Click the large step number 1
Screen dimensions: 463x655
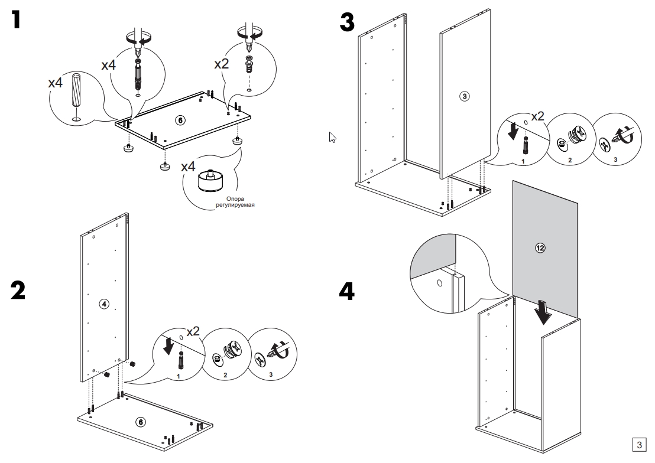pos(20,21)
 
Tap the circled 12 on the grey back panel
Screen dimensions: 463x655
pos(539,248)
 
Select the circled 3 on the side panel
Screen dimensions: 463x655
pos(465,96)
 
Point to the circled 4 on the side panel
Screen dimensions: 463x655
pos(103,304)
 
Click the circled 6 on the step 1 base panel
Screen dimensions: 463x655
pos(181,120)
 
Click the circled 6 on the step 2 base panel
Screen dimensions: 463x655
pos(140,421)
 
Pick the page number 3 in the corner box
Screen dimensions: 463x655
pos(639,444)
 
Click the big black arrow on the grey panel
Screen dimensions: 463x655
pos(543,311)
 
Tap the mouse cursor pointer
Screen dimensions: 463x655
pos(333,138)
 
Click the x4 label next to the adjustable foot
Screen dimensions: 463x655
pos(188,167)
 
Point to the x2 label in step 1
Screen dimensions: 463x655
pos(221,64)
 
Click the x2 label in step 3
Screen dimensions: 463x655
pos(537,116)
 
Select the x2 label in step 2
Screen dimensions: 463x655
pos(194,332)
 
